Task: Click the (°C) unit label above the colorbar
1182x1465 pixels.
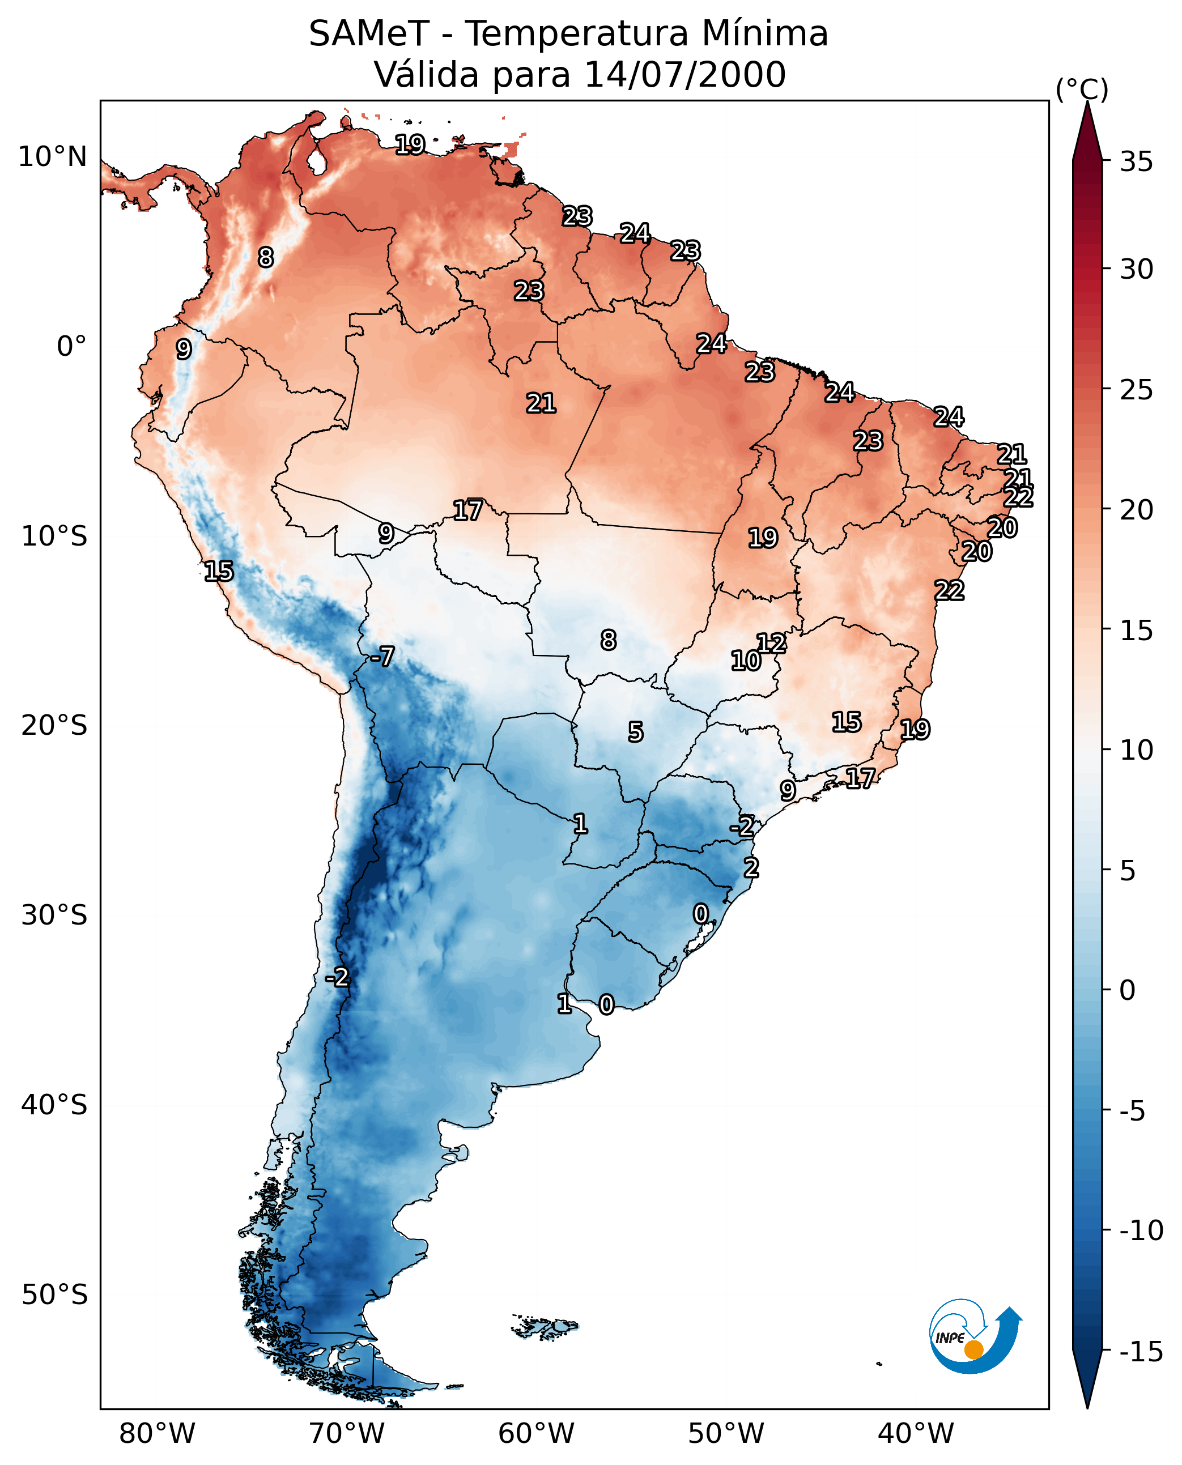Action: pos(1081,89)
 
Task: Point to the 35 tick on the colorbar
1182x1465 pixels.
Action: pos(1136,162)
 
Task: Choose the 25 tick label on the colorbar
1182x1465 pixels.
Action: pos(1136,390)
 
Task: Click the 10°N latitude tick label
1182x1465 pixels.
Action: pos(53,157)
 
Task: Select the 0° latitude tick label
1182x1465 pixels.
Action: pos(71,347)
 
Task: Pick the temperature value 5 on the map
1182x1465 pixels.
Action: pos(635,732)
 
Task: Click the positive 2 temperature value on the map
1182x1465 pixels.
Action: pos(751,867)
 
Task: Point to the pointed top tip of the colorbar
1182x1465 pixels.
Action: pos(1087,104)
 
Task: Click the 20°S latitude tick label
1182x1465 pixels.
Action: pos(54,726)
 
